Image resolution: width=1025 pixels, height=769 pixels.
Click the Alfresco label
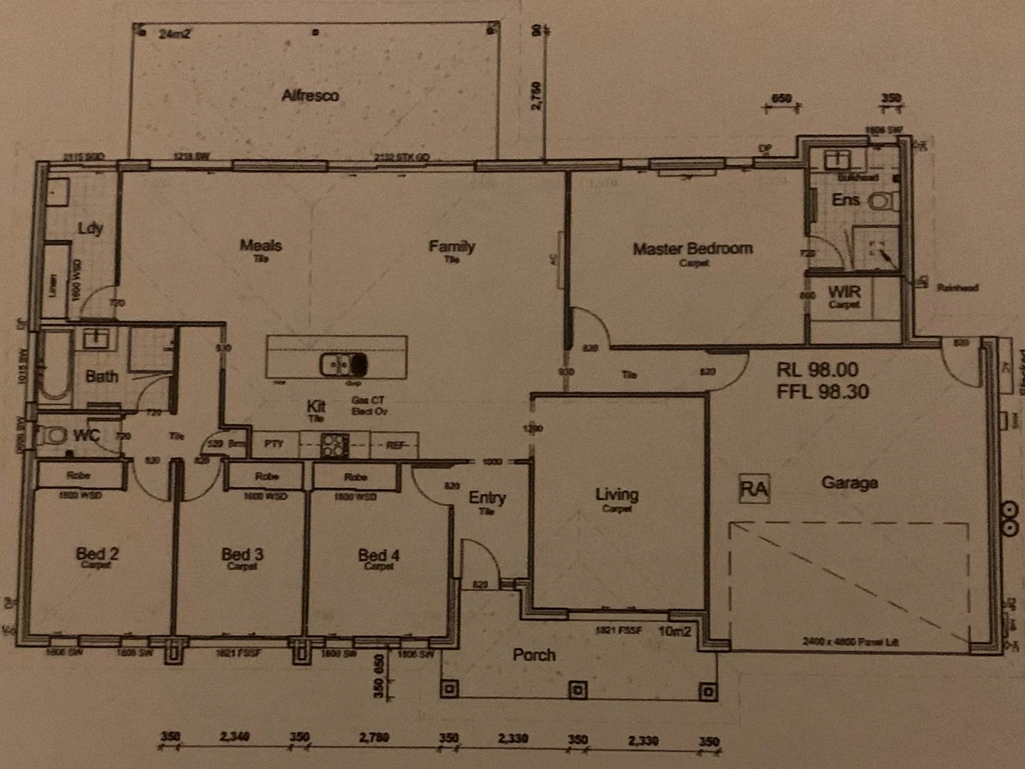point(310,95)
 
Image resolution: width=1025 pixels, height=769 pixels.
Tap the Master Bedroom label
point(692,249)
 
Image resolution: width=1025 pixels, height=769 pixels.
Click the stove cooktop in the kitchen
point(333,446)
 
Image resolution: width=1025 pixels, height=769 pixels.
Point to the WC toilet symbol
point(53,434)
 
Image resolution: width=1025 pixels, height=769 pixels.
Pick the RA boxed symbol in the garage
point(754,489)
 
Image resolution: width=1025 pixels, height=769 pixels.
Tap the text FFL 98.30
point(822,391)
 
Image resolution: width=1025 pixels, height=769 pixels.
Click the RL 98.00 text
point(817,370)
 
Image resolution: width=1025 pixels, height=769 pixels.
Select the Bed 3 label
point(242,554)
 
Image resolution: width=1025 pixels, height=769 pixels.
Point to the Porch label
point(534,654)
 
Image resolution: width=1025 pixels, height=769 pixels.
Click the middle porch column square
point(578,690)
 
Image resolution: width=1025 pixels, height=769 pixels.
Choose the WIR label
point(844,292)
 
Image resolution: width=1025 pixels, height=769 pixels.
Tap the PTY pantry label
point(274,444)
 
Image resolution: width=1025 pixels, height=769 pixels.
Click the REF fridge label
point(396,446)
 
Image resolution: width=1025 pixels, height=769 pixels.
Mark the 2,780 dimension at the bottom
point(373,738)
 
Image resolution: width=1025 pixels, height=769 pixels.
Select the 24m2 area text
point(175,33)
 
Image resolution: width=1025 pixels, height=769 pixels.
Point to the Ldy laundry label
point(90,229)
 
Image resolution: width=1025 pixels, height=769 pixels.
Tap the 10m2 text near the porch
point(675,631)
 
